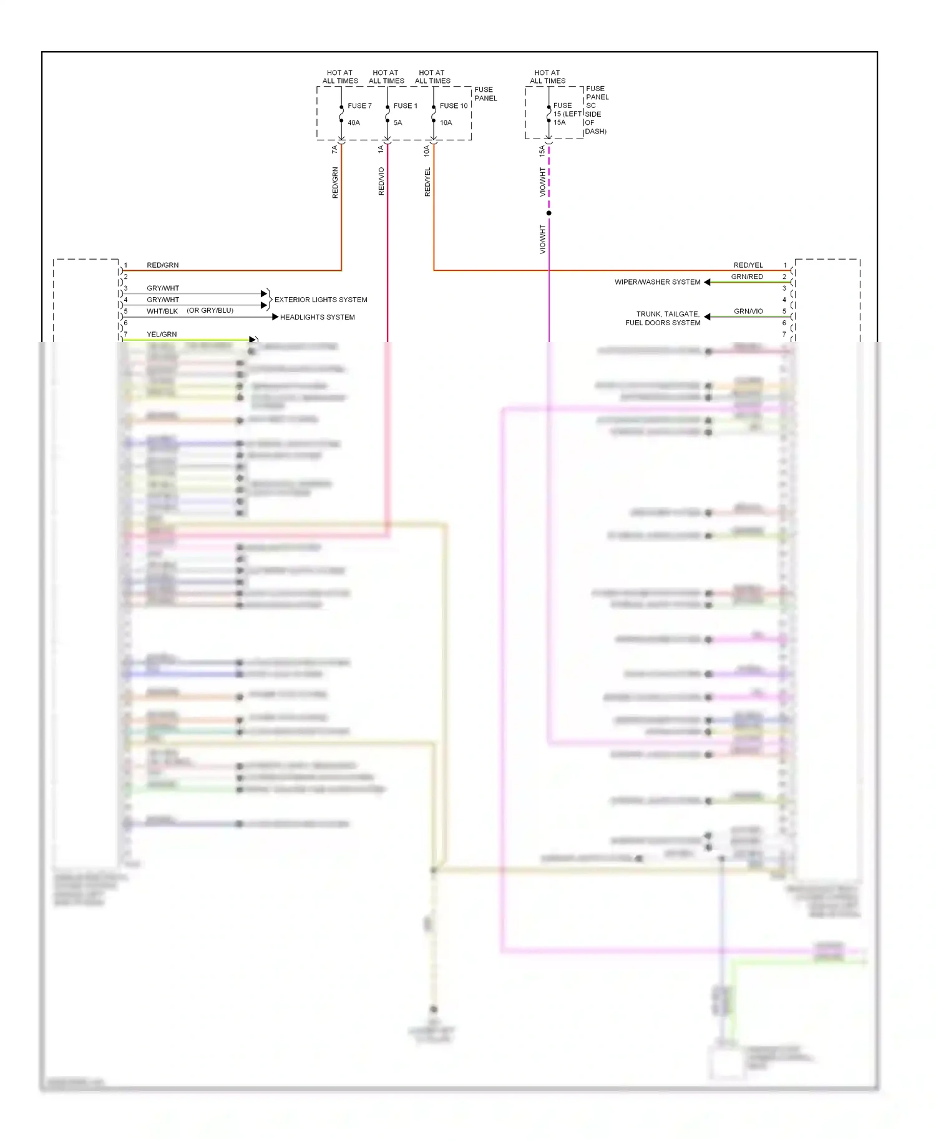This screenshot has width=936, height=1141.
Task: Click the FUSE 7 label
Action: tap(359, 106)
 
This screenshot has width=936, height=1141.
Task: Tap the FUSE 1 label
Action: tap(406, 106)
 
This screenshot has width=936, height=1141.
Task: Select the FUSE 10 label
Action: tap(454, 106)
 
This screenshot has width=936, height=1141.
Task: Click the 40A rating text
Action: tap(354, 123)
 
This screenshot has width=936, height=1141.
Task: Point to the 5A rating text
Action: tap(398, 123)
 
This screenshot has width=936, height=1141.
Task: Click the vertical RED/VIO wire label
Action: tap(381, 182)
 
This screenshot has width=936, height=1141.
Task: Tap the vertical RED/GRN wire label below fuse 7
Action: tap(335, 183)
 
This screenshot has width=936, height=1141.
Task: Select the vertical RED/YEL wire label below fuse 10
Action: tap(427, 182)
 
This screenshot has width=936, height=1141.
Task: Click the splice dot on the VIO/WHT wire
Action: tap(549, 213)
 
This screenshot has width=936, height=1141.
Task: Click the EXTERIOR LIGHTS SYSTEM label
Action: tap(321, 300)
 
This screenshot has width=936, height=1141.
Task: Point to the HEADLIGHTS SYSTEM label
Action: tap(317, 317)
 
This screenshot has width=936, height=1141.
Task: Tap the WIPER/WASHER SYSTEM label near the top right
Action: tap(658, 282)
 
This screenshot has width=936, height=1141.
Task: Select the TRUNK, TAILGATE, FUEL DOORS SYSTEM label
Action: tap(663, 318)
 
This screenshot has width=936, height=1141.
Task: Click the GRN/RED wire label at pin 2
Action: tap(747, 277)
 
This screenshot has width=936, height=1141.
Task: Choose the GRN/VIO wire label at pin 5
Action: tap(748, 311)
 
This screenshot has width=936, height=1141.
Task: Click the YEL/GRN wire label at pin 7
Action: tap(162, 335)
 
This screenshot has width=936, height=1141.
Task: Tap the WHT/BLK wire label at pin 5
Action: tap(162, 311)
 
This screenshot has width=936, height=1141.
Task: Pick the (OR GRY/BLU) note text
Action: tap(210, 310)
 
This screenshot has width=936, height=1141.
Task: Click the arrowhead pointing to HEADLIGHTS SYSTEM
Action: tap(275, 317)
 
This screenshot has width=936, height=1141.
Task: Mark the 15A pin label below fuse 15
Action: tap(542, 150)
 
